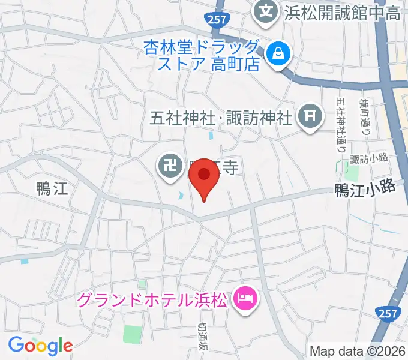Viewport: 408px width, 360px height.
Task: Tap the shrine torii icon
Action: coord(310,113)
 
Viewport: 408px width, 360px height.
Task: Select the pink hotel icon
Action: coord(244,297)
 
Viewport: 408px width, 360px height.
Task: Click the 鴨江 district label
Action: coord(51,190)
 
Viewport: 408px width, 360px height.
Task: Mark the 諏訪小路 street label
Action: coord(369,159)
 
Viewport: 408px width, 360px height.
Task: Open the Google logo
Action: coord(40,345)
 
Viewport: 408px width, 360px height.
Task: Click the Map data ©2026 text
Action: coord(358,351)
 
